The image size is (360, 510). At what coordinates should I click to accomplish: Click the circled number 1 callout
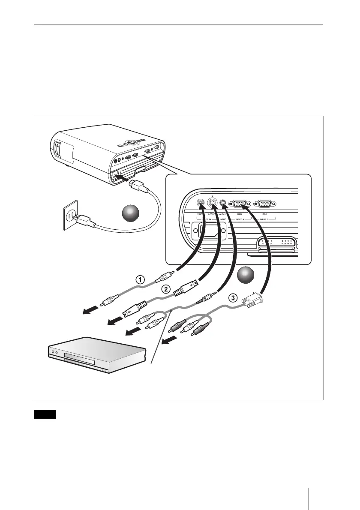point(140,279)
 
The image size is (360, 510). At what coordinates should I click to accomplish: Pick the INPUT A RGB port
point(240,205)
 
